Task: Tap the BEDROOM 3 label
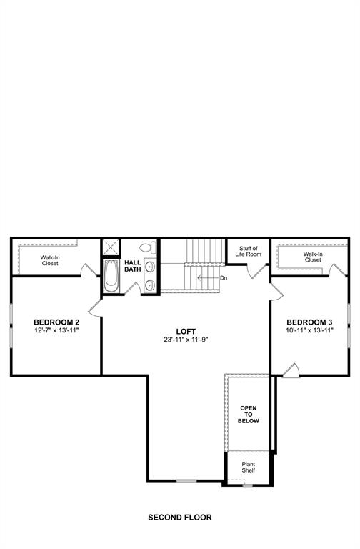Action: (309, 322)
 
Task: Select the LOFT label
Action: (186, 331)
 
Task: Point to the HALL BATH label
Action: (133, 266)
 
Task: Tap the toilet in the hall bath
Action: (147, 249)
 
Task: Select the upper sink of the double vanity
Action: (149, 267)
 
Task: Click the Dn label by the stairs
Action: (224, 277)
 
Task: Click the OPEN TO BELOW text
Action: (249, 414)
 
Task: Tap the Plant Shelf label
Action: (248, 468)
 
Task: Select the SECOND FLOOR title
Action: (180, 517)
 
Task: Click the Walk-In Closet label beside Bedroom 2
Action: (49, 260)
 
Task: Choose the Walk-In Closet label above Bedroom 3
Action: (313, 257)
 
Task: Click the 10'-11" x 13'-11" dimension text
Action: (309, 331)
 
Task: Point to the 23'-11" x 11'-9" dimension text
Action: (186, 340)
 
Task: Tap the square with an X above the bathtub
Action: (111, 247)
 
